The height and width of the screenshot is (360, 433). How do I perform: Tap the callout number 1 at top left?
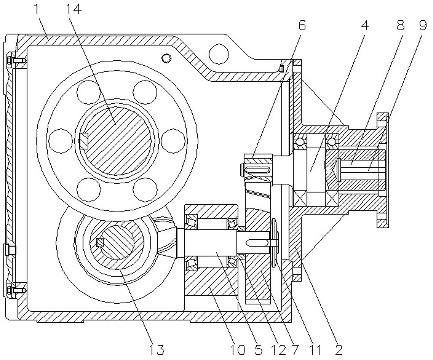click(36, 10)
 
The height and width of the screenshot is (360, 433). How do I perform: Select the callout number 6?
click(302, 26)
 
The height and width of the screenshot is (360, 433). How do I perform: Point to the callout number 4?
click(365, 26)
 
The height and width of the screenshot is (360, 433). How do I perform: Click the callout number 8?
click(400, 26)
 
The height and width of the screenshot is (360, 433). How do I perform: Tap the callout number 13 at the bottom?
click(157, 350)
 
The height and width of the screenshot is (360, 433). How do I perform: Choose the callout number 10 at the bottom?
click(238, 350)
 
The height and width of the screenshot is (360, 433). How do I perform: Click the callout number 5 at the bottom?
click(258, 350)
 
